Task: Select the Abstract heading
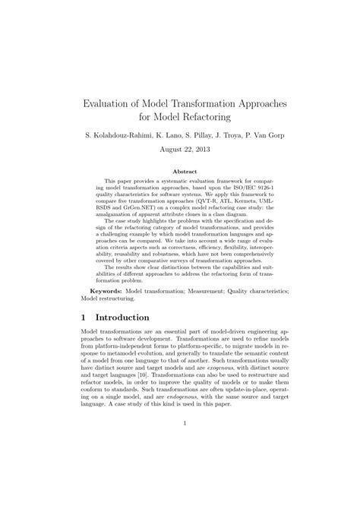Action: (180, 172)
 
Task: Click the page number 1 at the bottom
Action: (180, 447)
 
